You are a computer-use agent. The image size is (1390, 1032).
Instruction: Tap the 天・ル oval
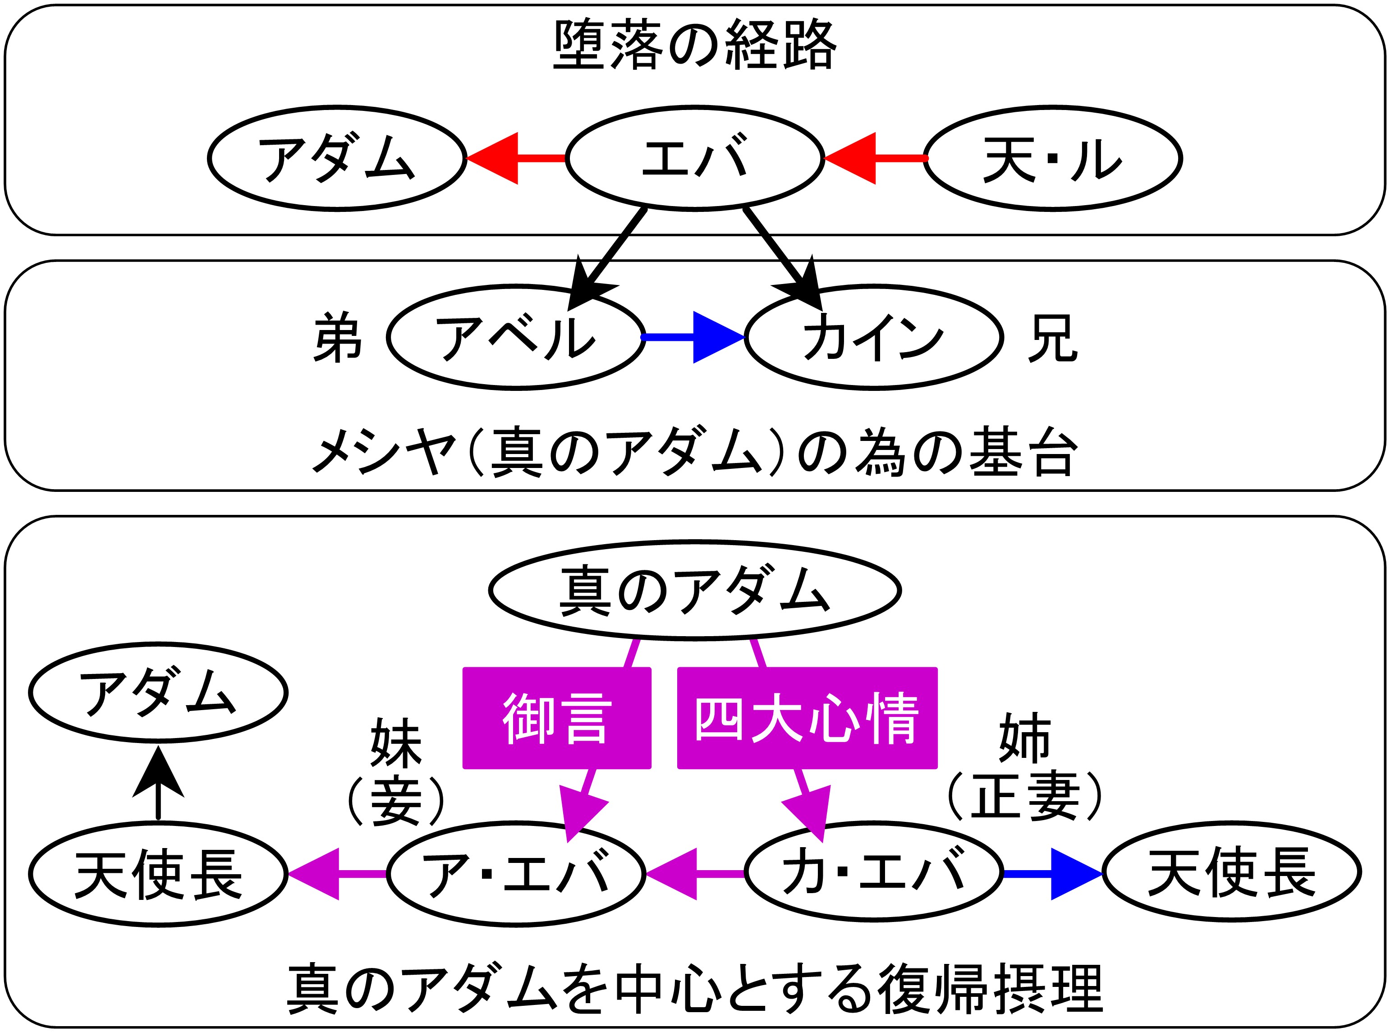[x=1053, y=158]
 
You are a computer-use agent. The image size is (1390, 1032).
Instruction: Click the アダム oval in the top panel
[x=337, y=158]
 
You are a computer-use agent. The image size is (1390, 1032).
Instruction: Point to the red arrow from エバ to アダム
[x=515, y=158]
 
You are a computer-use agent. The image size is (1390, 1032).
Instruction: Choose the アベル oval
[x=515, y=337]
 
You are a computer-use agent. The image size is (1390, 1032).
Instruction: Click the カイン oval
[x=873, y=337]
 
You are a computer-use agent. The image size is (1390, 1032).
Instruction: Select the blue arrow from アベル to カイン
[x=694, y=337]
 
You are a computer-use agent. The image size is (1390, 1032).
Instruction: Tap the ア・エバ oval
[x=515, y=873]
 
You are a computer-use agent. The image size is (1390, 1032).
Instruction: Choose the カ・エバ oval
[x=873, y=873]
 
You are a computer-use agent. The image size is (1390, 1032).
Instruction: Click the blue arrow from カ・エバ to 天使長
[x=1053, y=873]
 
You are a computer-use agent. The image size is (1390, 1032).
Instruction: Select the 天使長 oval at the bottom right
[x=1231, y=873]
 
